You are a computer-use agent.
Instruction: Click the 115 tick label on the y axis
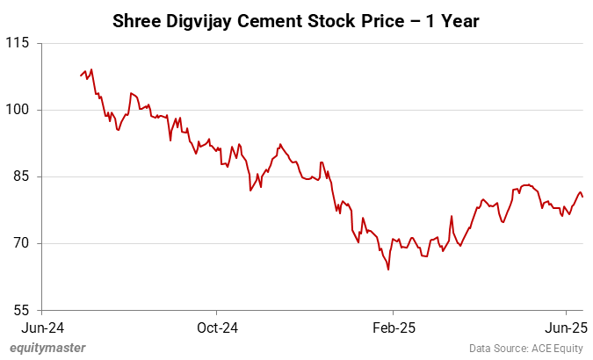tap(18, 43)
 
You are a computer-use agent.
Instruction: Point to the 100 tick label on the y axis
tap(18, 110)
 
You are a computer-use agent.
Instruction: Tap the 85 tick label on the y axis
tap(21, 176)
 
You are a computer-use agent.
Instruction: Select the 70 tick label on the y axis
tap(21, 243)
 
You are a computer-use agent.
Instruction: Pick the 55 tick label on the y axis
tap(21, 310)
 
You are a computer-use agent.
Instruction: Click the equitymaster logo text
tap(47, 348)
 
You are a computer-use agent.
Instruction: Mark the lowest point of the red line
tap(387, 270)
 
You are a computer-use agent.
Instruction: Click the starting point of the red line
tap(81, 76)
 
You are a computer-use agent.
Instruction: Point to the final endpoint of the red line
tap(583, 197)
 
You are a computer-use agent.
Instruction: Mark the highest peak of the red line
tap(91, 69)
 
